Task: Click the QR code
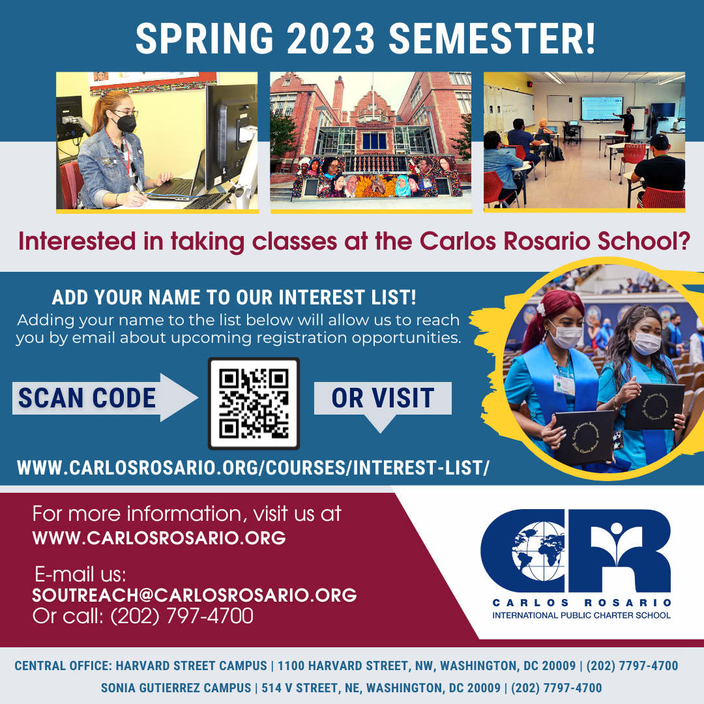coord(254,403)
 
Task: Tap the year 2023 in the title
coord(330,38)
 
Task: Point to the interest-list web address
coord(253,468)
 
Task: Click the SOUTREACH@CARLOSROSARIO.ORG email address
coord(194,595)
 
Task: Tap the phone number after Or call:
coord(182,615)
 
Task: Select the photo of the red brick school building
coord(371,141)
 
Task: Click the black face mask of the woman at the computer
coord(125,122)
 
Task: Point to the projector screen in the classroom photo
coord(602,108)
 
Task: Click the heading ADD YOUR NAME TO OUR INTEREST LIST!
coord(234,298)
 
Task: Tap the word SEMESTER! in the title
coord(491,38)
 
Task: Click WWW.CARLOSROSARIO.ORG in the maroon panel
coord(159,538)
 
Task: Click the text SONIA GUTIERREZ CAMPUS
coord(176,688)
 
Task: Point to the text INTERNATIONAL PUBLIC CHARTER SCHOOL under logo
coord(581,615)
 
